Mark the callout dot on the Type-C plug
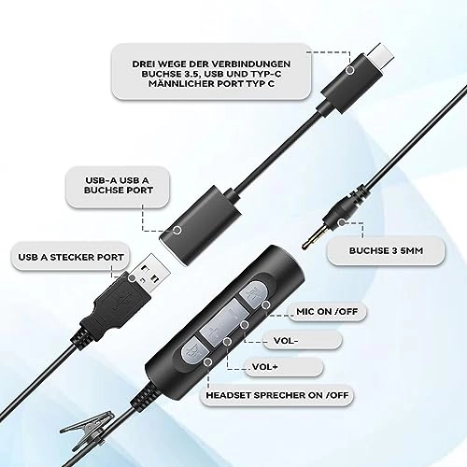tap(349, 69)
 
